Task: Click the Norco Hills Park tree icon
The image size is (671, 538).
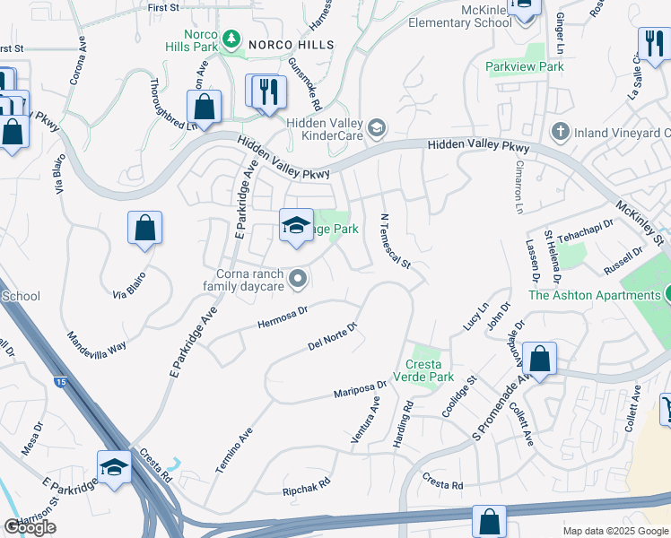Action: pos(232,39)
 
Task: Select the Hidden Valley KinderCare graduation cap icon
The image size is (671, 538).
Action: pos(377,126)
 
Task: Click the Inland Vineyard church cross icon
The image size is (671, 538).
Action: pos(560,133)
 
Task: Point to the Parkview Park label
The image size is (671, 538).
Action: pos(525,66)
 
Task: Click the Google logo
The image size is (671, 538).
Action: pos(30,527)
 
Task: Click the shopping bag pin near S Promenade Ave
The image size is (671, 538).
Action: pos(539,359)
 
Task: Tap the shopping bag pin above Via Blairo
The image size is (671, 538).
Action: pos(144,229)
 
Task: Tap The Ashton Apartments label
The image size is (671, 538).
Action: pos(593,294)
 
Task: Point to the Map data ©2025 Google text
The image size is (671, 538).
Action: pos(615,531)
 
